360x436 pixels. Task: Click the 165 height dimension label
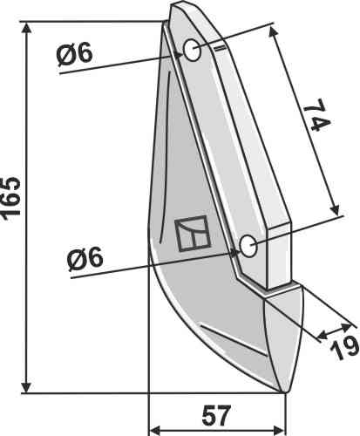point(11,198)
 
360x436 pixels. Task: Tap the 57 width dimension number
point(216,415)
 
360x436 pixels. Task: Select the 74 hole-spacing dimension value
point(317,114)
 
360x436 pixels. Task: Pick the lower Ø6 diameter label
point(85,257)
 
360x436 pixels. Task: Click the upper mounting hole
point(192,50)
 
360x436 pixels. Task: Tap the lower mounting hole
point(248,246)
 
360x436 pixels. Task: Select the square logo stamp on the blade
point(193,234)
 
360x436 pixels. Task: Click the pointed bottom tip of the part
point(284,392)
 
